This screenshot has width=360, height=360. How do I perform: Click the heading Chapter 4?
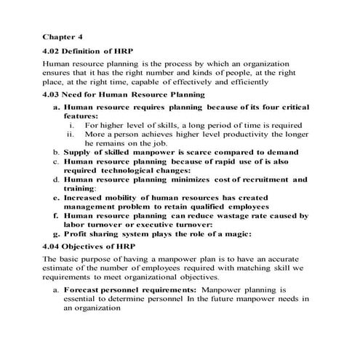tap(63, 35)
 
